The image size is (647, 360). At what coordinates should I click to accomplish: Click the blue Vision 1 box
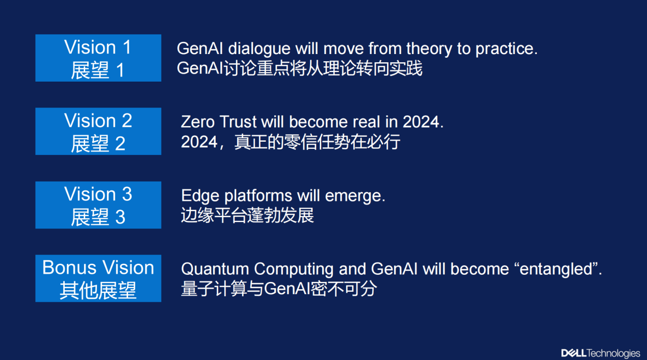coord(98,58)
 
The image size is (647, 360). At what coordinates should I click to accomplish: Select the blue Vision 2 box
coord(98,131)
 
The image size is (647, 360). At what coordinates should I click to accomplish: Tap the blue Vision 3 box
coord(98,205)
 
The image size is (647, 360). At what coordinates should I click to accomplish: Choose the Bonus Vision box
coord(98,278)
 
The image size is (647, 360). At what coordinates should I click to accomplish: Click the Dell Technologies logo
coord(601,353)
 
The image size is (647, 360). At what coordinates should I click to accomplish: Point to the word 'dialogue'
coord(259,49)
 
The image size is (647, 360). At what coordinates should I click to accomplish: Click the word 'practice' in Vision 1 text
coord(504,49)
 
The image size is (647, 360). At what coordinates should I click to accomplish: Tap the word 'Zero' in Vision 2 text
coord(198,122)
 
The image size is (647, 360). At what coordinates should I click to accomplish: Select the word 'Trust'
coord(238,122)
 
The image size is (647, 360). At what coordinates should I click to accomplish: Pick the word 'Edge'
coord(200,196)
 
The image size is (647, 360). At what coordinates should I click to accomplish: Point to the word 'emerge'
coord(353,196)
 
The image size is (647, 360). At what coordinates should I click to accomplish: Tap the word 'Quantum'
coord(215,269)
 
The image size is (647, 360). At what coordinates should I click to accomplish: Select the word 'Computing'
coord(294,270)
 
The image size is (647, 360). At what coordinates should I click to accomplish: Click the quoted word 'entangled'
coord(556,270)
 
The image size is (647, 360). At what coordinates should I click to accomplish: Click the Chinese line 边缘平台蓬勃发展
coord(247,215)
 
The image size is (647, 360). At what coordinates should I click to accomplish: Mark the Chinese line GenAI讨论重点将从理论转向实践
coord(299,68)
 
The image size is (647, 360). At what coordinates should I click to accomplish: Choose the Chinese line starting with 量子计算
coord(279,289)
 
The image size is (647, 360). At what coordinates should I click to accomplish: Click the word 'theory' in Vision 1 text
coord(429,49)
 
